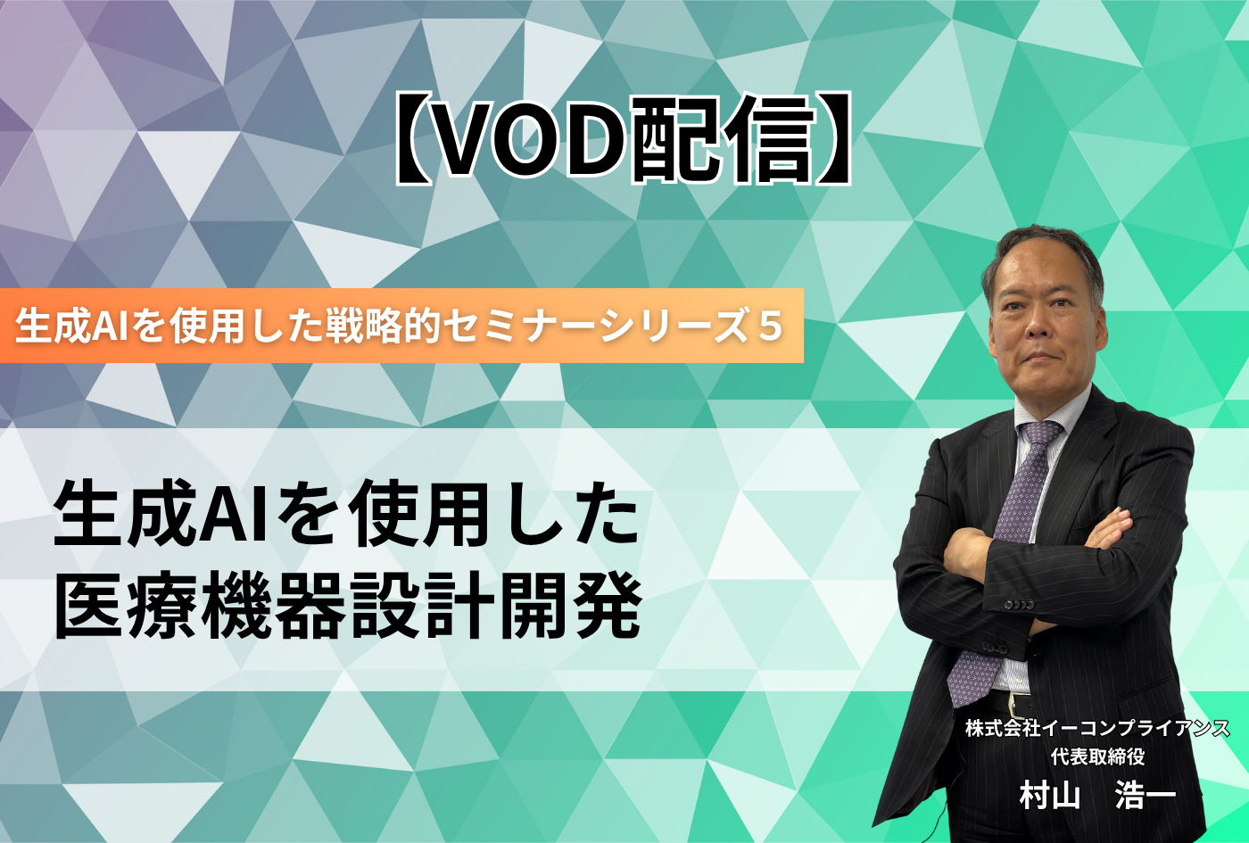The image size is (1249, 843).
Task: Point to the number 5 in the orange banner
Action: [771, 326]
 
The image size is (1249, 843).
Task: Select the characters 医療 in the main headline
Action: [126, 606]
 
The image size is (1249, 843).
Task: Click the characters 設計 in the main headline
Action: [422, 606]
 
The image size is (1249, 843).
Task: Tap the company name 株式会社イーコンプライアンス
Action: [1097, 728]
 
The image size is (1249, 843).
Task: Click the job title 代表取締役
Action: [1097, 756]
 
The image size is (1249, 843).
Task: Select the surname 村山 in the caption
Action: [1050, 795]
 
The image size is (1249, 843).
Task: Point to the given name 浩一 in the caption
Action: [1146, 795]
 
